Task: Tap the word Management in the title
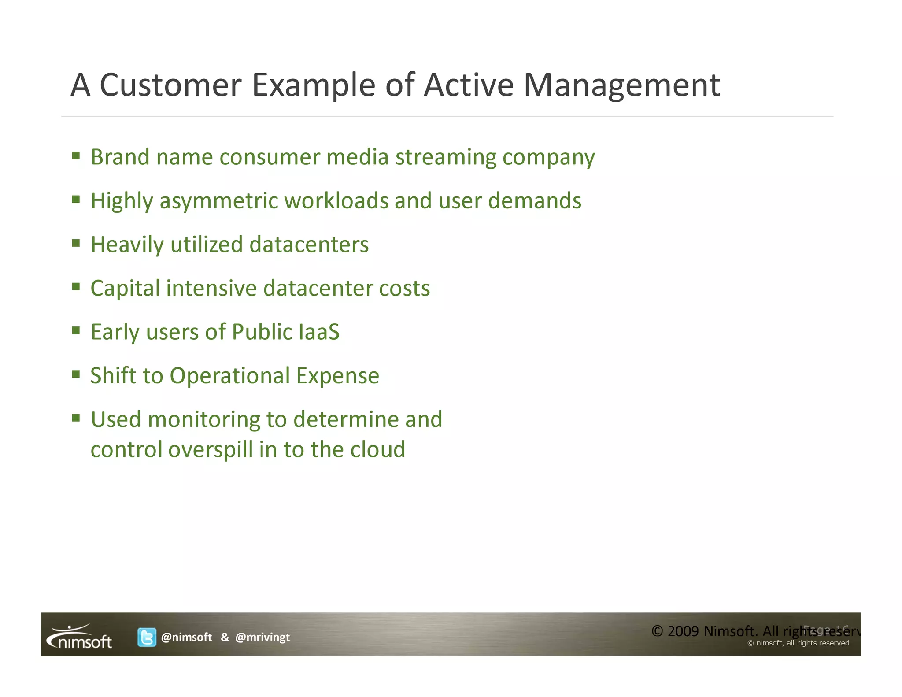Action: (621, 85)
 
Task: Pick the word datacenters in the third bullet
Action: (309, 245)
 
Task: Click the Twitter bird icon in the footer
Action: (147, 637)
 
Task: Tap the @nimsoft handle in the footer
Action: (186, 637)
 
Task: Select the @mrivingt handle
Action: (262, 637)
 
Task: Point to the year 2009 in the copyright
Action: (683, 631)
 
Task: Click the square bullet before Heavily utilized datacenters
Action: (76, 243)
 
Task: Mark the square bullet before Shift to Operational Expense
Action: (76, 374)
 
